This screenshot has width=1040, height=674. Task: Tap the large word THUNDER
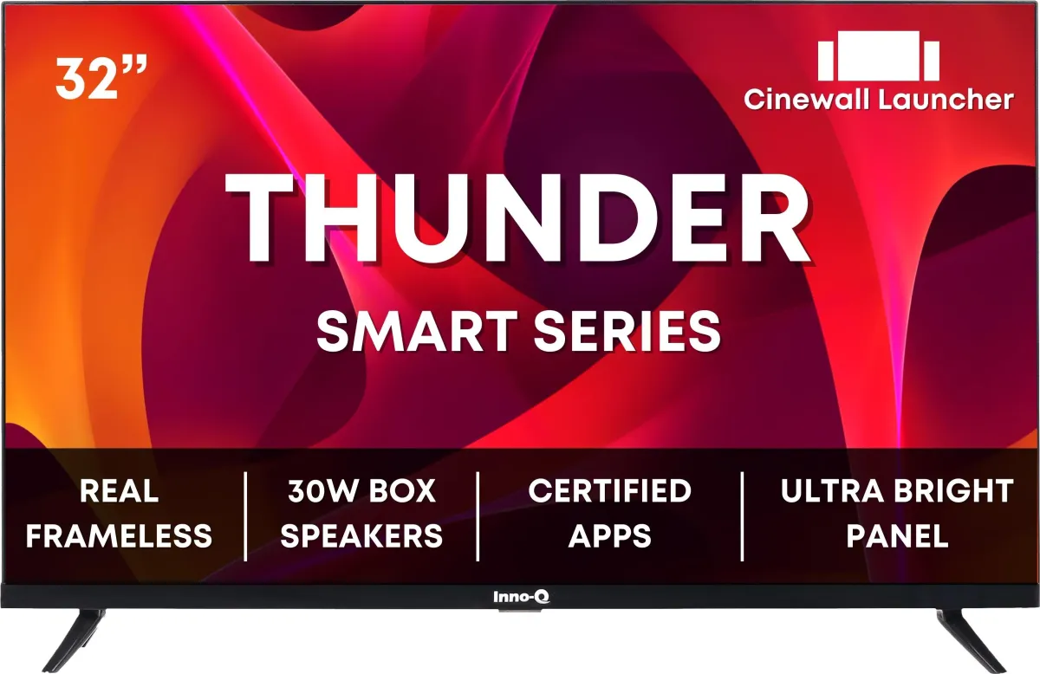click(x=517, y=219)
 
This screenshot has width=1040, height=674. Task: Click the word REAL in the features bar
click(x=119, y=491)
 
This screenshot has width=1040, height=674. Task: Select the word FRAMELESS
click(x=119, y=535)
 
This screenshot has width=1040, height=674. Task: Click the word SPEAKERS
click(x=361, y=535)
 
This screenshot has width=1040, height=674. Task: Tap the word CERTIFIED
click(x=609, y=491)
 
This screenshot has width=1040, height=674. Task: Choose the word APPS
click(x=609, y=535)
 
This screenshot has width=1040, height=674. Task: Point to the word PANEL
click(x=897, y=535)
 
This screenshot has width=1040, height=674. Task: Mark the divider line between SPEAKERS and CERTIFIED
click(x=478, y=515)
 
